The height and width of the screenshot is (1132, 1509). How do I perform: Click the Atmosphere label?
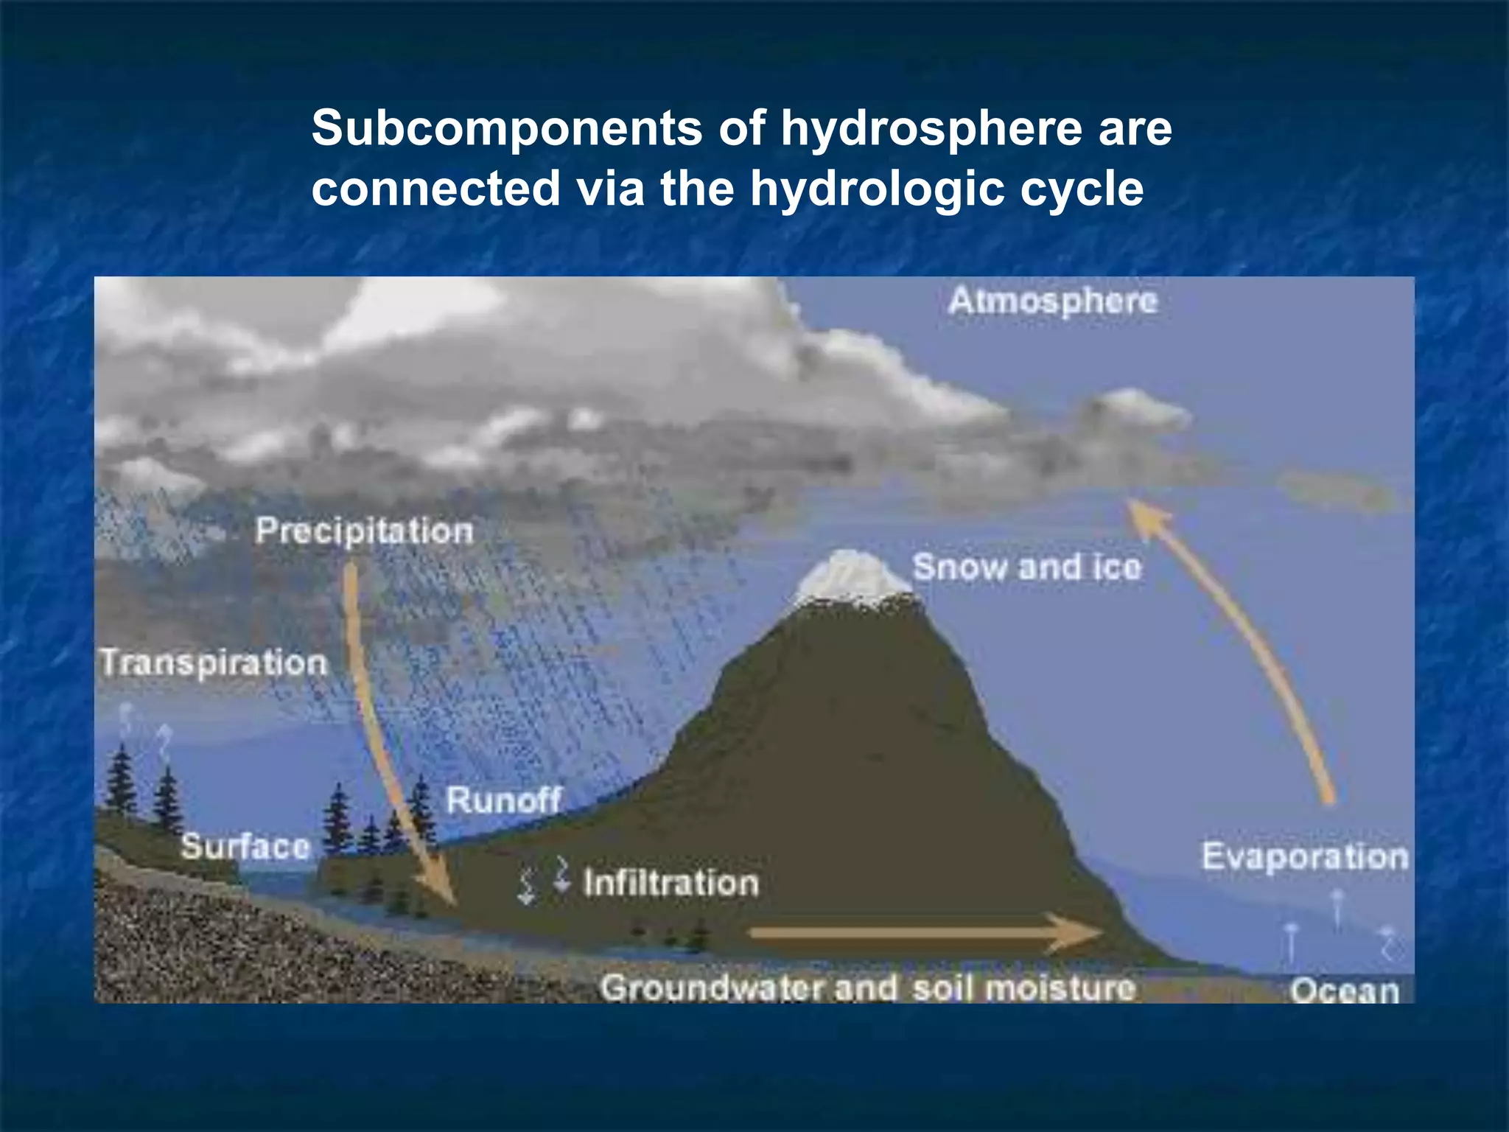[x=1053, y=301]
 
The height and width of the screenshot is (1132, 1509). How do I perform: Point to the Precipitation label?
[x=364, y=531]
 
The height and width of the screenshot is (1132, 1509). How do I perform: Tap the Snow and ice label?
[x=1026, y=567]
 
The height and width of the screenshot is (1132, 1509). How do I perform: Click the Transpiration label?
[x=214, y=663]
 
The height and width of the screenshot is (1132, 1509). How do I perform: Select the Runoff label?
[x=504, y=800]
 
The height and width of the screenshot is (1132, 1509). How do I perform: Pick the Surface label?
[x=245, y=846]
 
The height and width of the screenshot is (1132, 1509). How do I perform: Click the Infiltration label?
[x=671, y=883]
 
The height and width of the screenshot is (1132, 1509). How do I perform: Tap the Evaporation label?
[x=1305, y=857]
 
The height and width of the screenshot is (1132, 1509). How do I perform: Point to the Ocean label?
[x=1344, y=990]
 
